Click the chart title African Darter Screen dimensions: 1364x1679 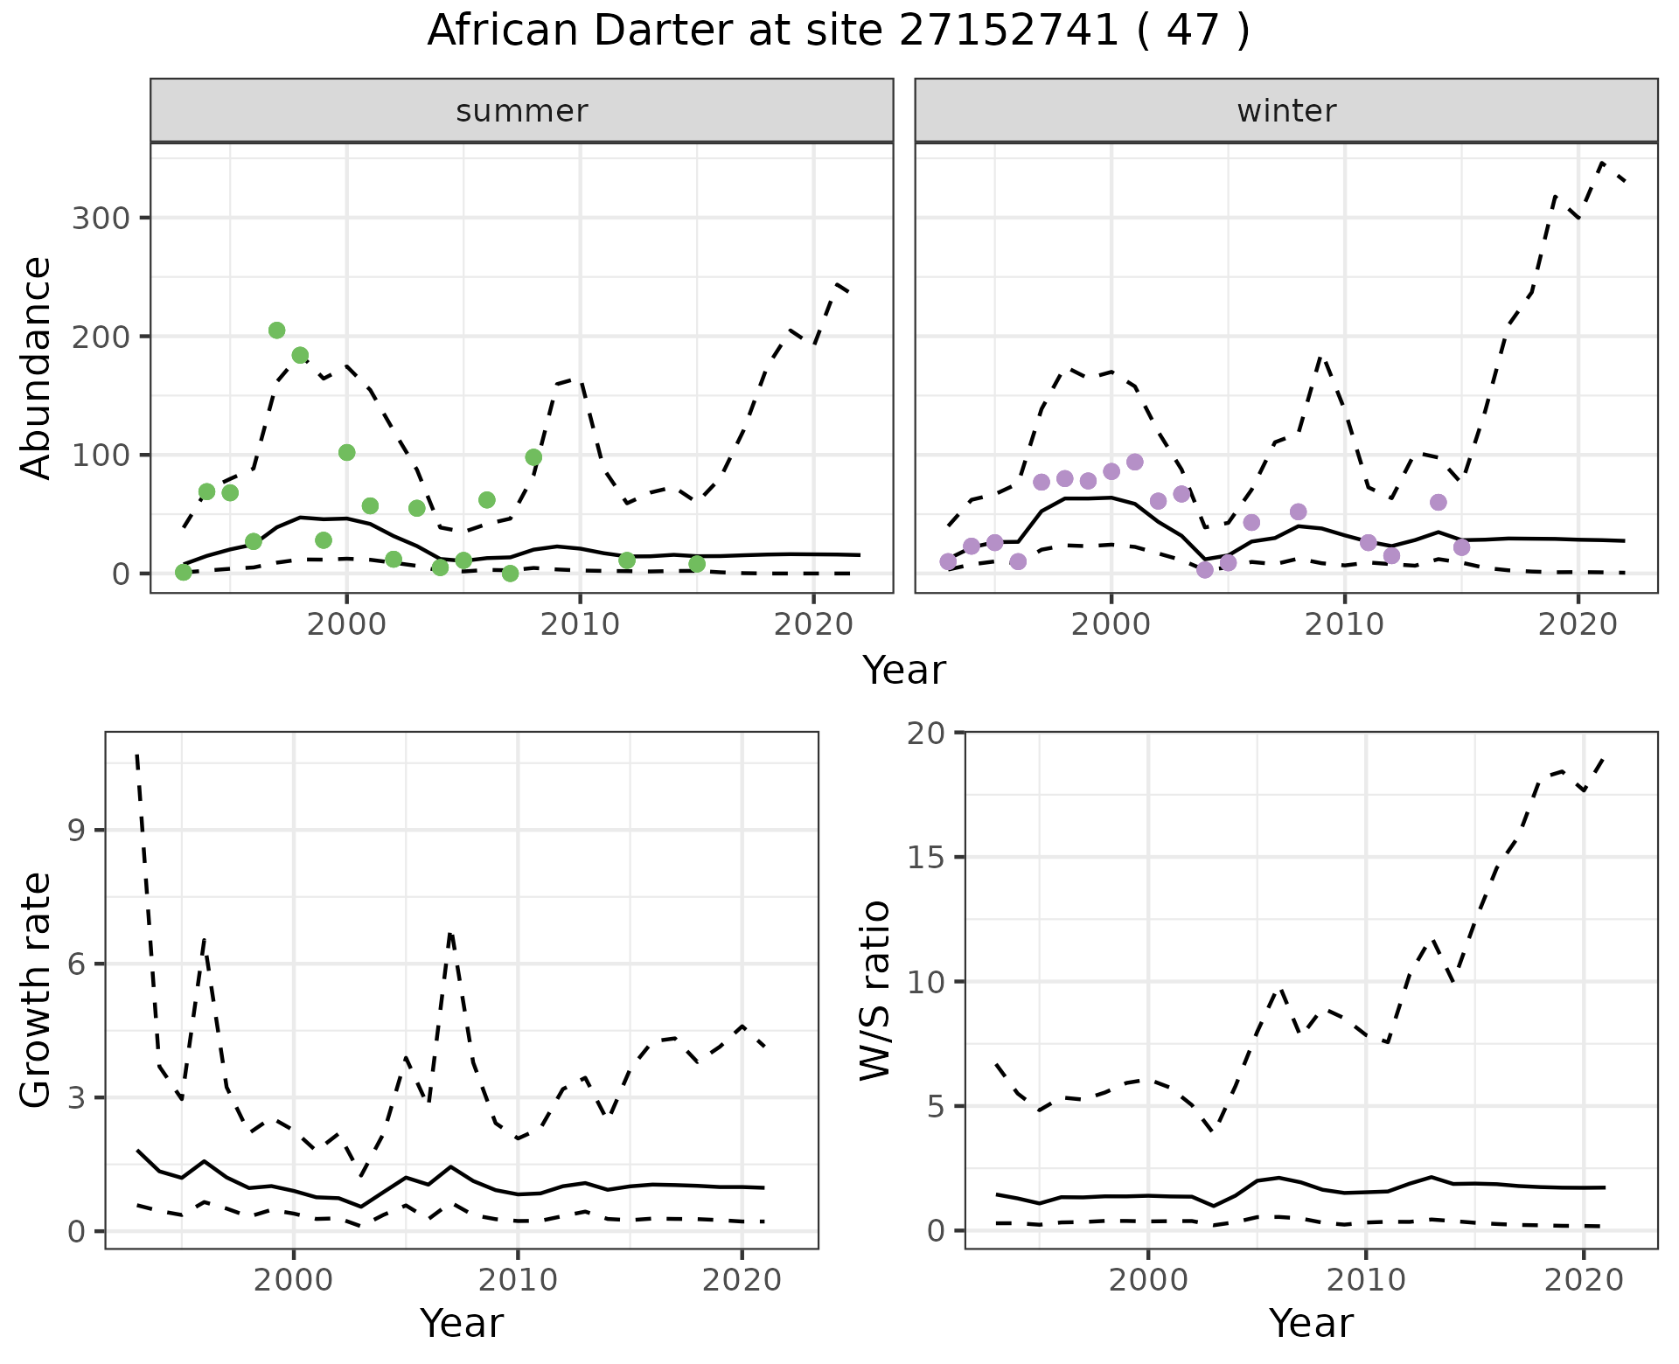coord(838,31)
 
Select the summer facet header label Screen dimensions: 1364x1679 coord(522,111)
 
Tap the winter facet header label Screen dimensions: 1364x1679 coord(1286,111)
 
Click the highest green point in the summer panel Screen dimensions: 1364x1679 coord(276,330)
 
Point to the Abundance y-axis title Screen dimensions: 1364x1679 coord(37,367)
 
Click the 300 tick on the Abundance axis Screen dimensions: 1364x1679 coord(100,218)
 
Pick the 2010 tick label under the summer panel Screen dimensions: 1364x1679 coord(580,624)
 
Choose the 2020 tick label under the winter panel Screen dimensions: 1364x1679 coord(1578,624)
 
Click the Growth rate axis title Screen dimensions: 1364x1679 coord(37,990)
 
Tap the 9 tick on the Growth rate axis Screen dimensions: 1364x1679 coord(77,830)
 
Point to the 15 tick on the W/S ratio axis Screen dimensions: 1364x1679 coord(927,857)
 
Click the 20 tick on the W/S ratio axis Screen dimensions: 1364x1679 coord(927,732)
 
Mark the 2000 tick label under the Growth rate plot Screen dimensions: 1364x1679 coord(294,1280)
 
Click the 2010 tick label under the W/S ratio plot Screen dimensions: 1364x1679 coord(1365,1280)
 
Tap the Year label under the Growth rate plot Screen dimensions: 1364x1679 coord(462,1324)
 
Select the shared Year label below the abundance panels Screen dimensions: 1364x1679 coord(904,671)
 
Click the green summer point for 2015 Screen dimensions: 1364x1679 coord(697,564)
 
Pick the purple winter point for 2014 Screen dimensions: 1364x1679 coord(1439,502)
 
